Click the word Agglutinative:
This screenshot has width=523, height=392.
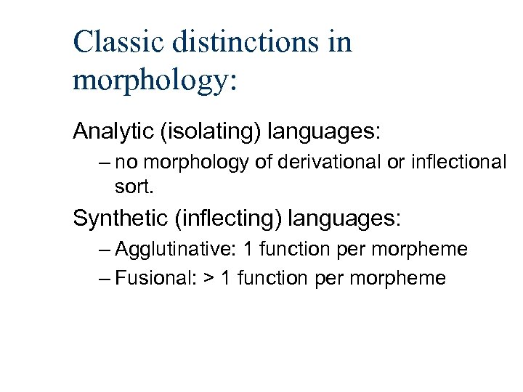(x=176, y=250)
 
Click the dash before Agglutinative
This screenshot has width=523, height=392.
(x=103, y=250)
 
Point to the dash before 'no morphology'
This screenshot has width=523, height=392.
(x=103, y=163)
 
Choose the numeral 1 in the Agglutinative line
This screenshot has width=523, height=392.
(x=249, y=250)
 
